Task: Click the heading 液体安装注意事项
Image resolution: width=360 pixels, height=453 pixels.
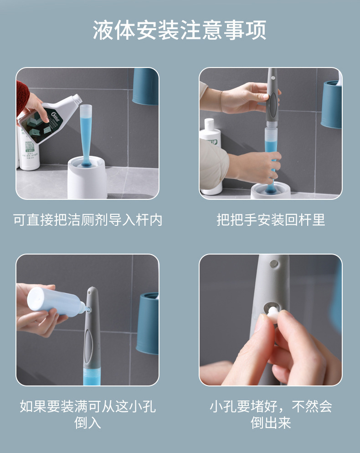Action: click(x=179, y=30)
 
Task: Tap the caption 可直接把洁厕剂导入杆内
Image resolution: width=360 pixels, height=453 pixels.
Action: click(x=87, y=220)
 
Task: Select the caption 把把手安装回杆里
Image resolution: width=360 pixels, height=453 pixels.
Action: click(x=271, y=220)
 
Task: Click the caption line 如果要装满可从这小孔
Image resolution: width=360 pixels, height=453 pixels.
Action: click(x=87, y=406)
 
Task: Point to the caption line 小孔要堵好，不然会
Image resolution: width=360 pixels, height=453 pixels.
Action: click(x=271, y=406)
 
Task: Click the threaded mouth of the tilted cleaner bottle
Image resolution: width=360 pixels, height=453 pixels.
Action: click(x=77, y=99)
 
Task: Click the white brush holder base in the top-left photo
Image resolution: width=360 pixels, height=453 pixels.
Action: click(x=87, y=177)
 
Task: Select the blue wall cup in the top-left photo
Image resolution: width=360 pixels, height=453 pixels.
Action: click(x=145, y=86)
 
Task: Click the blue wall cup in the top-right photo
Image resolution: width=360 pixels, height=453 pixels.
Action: click(x=331, y=104)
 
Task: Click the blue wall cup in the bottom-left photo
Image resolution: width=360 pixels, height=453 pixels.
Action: click(x=148, y=323)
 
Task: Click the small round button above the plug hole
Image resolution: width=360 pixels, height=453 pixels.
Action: click(x=274, y=264)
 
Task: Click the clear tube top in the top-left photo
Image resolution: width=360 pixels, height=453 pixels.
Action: click(x=86, y=111)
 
